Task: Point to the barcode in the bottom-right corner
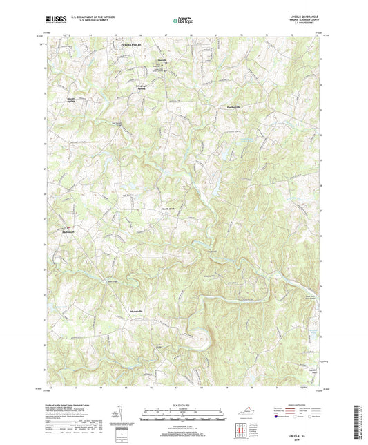point(360,422)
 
